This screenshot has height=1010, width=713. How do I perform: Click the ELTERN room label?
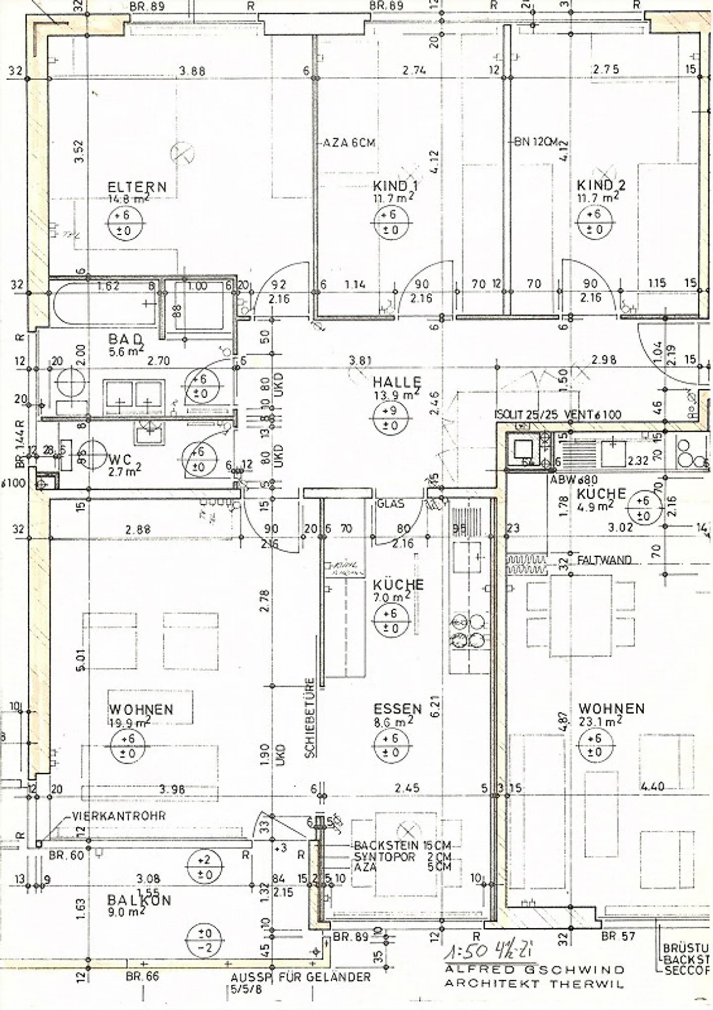click(137, 187)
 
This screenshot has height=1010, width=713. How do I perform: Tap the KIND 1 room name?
click(395, 186)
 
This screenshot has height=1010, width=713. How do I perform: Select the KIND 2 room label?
click(601, 185)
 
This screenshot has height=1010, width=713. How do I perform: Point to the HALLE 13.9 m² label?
click(397, 382)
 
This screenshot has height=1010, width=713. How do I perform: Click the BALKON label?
click(139, 900)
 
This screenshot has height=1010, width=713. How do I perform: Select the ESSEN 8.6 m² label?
click(397, 709)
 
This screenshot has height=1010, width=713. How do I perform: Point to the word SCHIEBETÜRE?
click(310, 718)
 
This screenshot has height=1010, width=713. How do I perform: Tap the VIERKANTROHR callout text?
click(119, 816)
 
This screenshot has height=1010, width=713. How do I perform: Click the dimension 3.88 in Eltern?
click(192, 71)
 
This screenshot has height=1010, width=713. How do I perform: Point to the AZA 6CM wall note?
click(349, 143)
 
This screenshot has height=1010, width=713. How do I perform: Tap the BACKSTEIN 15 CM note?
click(402, 845)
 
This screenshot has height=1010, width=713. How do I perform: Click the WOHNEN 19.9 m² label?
click(141, 710)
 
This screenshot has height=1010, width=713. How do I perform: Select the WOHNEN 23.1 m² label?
click(611, 709)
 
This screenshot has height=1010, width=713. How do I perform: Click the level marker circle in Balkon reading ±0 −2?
click(205, 940)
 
